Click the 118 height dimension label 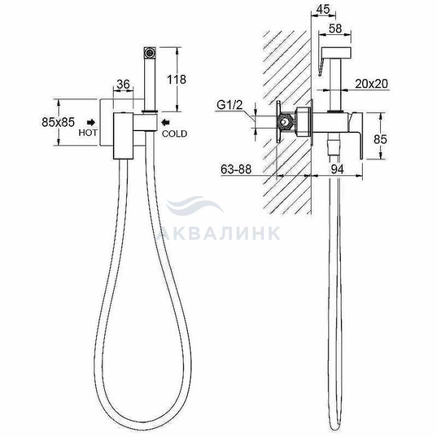(x=176, y=79)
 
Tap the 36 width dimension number (x=123, y=84)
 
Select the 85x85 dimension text (x=58, y=122)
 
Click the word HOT (x=88, y=132)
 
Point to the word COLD (x=174, y=134)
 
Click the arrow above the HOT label (x=91, y=122)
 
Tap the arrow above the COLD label (x=165, y=122)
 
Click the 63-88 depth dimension (x=236, y=169)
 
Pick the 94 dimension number (x=337, y=169)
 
